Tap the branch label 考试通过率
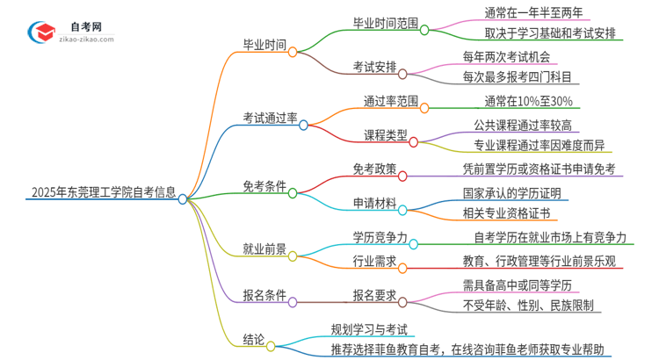(270, 117)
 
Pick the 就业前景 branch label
(264, 248)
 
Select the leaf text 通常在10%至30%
(508, 102)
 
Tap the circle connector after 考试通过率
(304, 125)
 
